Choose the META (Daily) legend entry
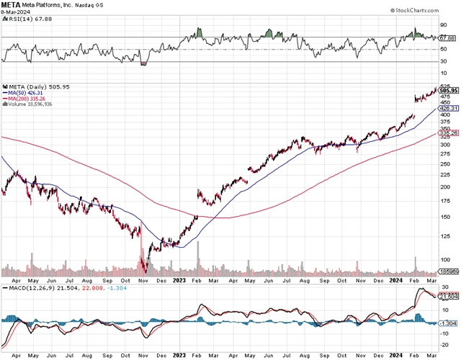point(26,86)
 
